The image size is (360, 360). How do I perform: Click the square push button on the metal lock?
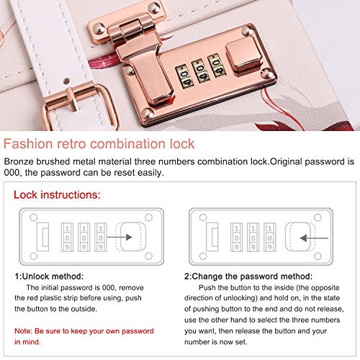243,55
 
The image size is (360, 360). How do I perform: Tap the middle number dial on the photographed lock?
200,71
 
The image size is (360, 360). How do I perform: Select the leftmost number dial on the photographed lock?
184,76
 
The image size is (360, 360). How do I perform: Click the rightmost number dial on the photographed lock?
217,66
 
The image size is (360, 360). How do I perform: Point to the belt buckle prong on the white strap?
72,99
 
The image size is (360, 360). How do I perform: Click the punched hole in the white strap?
66,81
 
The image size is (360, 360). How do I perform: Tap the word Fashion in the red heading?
28,144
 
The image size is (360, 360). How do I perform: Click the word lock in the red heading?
182,144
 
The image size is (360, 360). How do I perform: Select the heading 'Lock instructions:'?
57,194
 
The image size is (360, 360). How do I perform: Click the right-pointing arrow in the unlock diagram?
120,237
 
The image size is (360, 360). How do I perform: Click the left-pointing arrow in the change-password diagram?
314,238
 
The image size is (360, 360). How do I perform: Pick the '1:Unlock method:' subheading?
49,276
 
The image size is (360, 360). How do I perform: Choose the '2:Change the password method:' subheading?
248,276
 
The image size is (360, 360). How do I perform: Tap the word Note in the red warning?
23,331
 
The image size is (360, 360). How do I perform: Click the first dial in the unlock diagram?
67,237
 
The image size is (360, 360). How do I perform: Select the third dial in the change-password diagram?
270,237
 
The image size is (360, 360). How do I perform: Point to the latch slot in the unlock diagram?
43,237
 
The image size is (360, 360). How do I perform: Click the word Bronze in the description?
19,161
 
